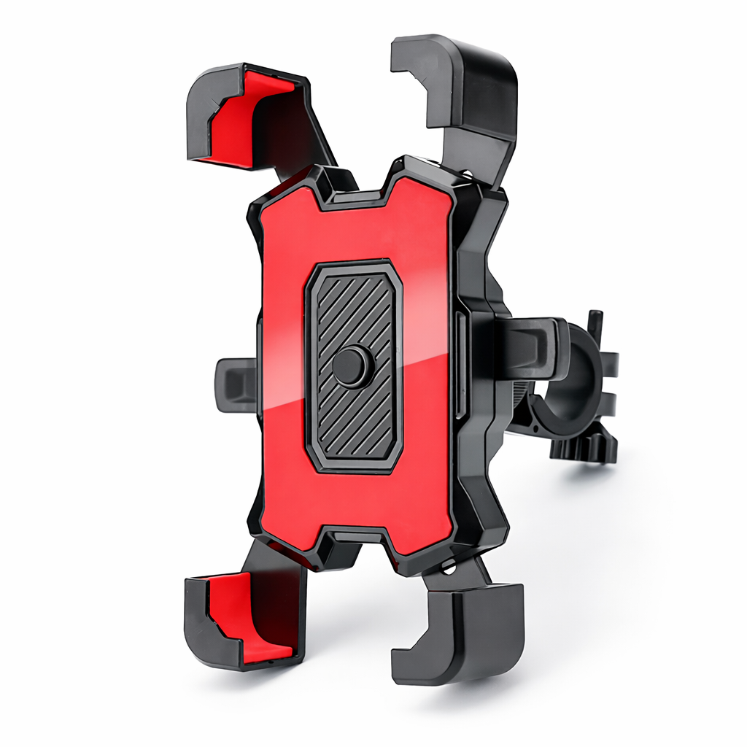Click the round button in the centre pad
tap(349, 366)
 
